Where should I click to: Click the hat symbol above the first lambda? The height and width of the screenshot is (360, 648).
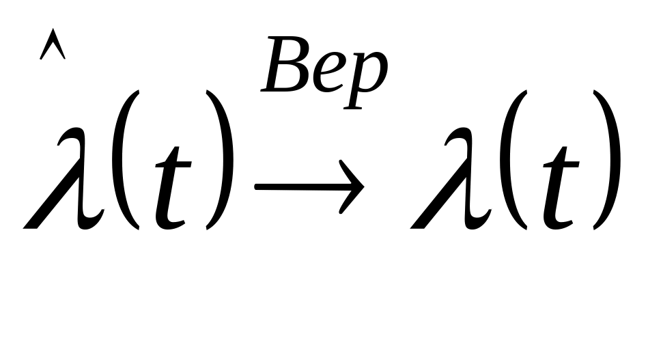[53, 46]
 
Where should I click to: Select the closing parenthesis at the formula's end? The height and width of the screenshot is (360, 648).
[608, 161]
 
